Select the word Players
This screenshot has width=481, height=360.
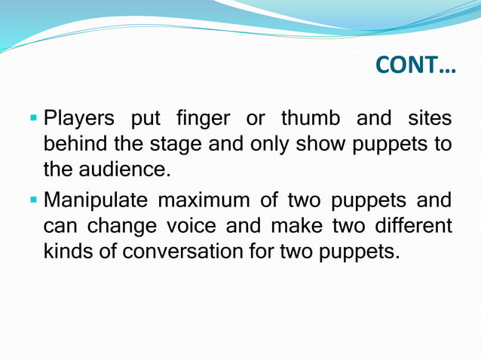pyautogui.click(x=79, y=119)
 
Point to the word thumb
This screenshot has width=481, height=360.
pyautogui.click(x=311, y=119)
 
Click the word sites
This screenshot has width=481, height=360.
pyautogui.click(x=429, y=119)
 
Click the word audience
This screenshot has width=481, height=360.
pyautogui.click(x=129, y=170)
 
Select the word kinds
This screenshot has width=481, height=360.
pyautogui.click(x=69, y=252)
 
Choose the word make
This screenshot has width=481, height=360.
pyautogui.click(x=297, y=226)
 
